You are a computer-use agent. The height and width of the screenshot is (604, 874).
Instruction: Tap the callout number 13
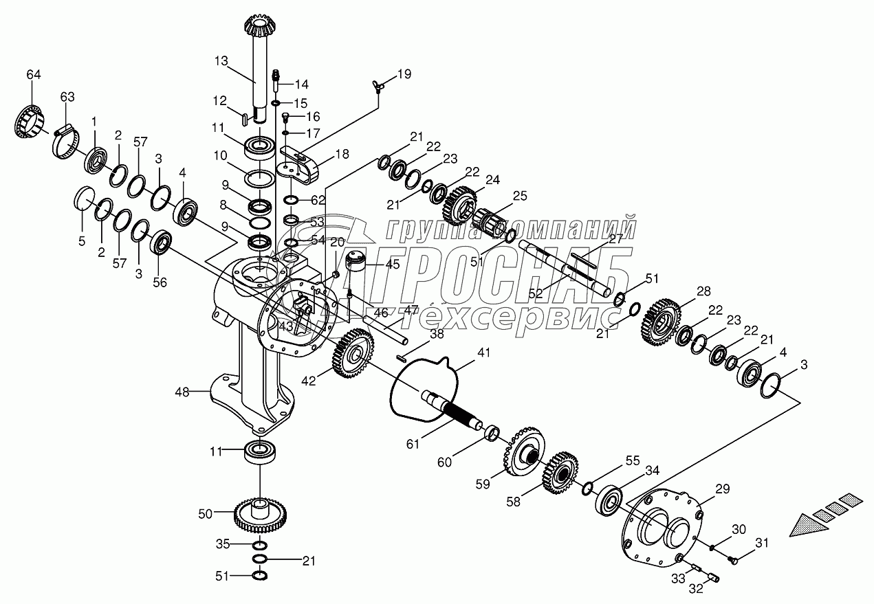(x=220, y=61)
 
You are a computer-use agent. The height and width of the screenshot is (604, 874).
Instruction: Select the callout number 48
(x=182, y=392)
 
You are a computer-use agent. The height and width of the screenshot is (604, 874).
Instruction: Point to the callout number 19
(x=404, y=74)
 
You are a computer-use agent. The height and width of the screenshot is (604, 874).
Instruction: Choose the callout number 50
(x=206, y=512)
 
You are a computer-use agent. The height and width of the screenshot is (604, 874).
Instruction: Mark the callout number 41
(x=485, y=353)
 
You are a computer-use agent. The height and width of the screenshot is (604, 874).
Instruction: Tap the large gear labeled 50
(x=260, y=516)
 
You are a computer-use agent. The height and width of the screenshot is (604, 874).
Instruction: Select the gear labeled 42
(x=353, y=353)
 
